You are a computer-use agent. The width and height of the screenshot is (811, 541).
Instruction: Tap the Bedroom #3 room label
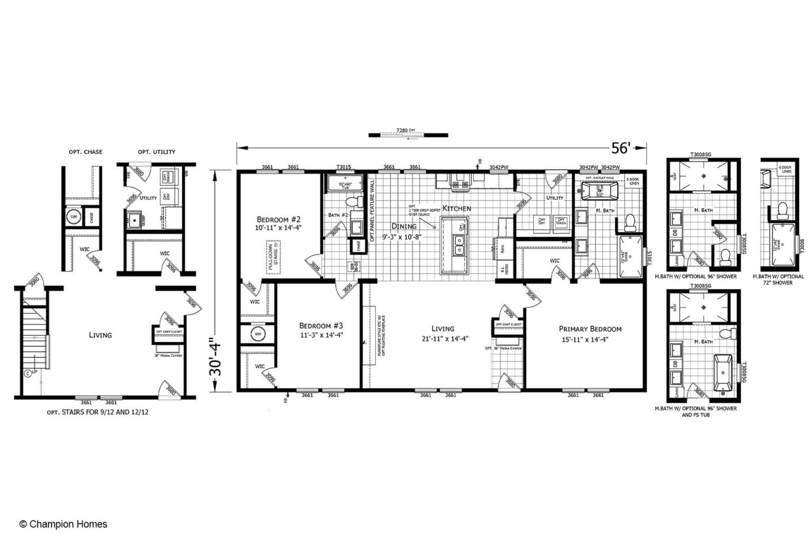(321, 326)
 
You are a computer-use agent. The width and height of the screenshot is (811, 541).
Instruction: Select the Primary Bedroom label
(590, 329)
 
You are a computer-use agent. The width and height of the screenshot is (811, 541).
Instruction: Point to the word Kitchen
(456, 208)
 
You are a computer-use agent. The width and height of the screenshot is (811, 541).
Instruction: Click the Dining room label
(403, 226)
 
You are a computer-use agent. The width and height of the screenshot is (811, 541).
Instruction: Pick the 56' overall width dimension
(621, 148)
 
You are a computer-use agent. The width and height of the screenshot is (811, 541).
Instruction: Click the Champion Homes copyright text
(63, 524)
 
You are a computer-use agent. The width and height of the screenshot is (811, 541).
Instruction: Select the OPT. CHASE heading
(85, 152)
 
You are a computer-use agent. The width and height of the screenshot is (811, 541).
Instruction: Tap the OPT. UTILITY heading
(156, 152)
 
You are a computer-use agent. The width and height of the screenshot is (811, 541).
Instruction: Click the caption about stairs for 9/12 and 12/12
(97, 412)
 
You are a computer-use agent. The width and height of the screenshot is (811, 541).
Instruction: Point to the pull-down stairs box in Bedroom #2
(274, 257)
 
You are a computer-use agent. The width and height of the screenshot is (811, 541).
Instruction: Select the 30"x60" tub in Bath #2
(345, 184)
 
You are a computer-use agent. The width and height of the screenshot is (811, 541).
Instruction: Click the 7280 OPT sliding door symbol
(408, 135)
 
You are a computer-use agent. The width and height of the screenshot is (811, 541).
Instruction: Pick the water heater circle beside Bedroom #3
(258, 334)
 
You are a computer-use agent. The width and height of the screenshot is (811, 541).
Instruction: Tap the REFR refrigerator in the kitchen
(502, 248)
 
